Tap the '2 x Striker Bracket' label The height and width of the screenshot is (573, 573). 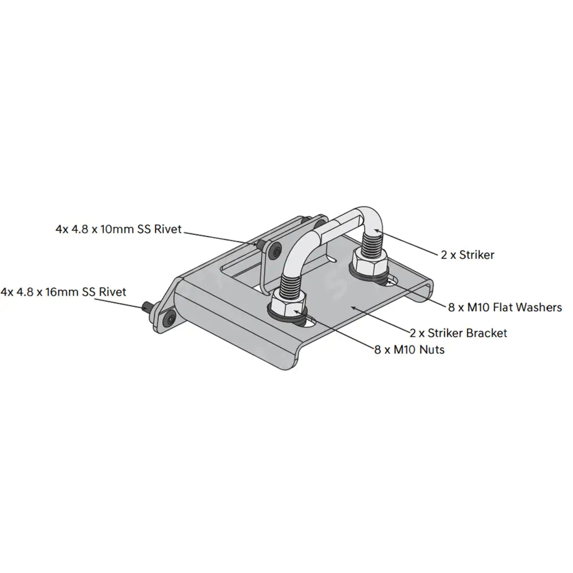tap(458, 332)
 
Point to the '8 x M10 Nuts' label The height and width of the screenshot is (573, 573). tap(409, 349)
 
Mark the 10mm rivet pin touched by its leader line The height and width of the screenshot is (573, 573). tap(261, 245)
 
